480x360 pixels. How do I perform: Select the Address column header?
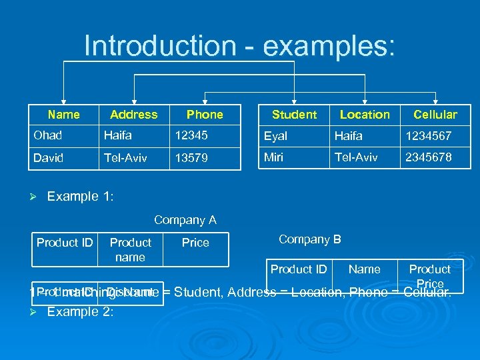point(134,115)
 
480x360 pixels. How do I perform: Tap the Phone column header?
point(205,115)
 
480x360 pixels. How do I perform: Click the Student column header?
point(294,115)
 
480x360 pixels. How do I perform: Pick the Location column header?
point(365,115)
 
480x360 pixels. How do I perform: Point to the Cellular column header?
point(435,115)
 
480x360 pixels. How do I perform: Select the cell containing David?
point(49,158)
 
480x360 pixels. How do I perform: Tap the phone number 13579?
point(191,159)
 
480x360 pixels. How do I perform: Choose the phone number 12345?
point(191,135)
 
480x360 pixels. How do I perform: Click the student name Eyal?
point(275,136)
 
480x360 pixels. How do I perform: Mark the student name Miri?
point(274,157)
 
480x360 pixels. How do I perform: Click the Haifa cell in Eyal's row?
point(349,136)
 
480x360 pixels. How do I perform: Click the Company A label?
point(185,219)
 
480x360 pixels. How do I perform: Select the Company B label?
point(310,239)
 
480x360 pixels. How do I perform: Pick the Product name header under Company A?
point(130,249)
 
